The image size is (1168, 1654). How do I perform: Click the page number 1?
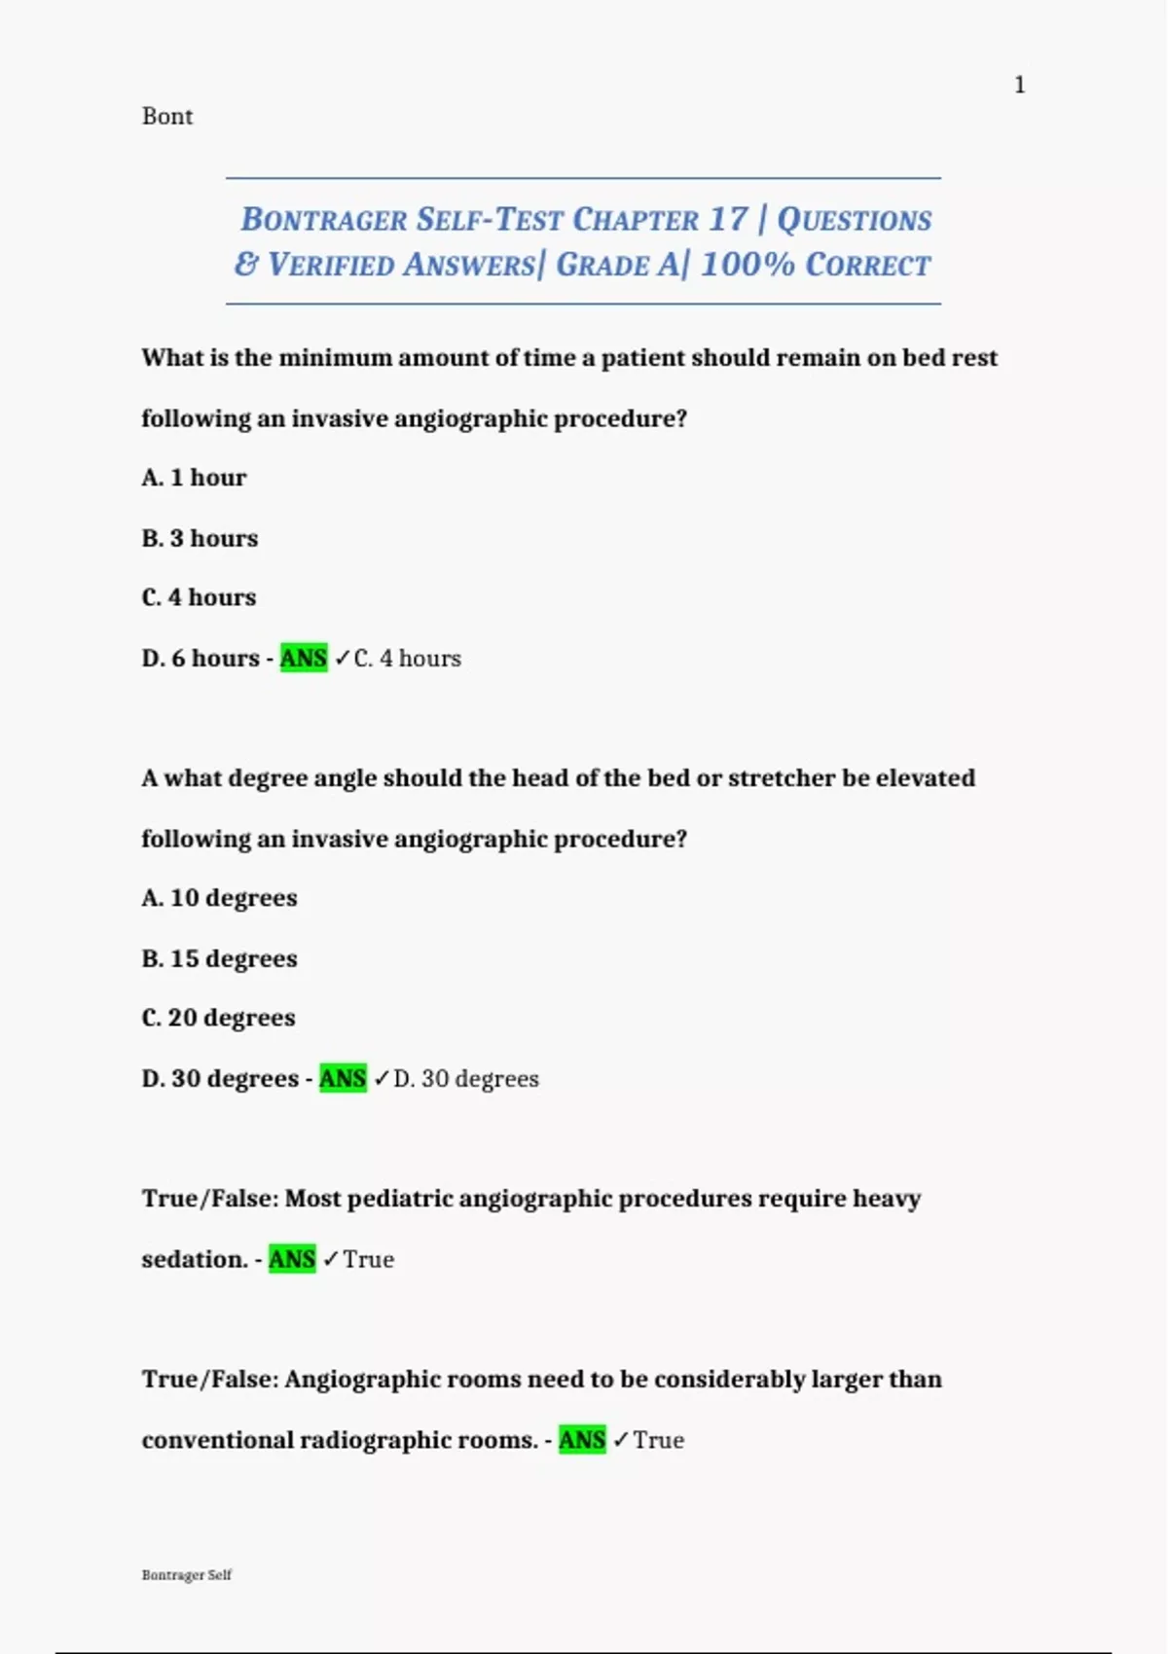click(x=1019, y=86)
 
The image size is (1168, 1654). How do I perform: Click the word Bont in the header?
click(x=167, y=117)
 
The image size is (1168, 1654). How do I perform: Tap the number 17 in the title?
click(x=728, y=219)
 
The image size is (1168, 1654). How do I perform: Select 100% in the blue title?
click(x=748, y=265)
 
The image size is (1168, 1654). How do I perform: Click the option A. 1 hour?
click(x=194, y=478)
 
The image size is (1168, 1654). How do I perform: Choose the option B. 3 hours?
click(x=200, y=538)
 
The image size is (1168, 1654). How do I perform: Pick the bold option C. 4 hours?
click(x=199, y=597)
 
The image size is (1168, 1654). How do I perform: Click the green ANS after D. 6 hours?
click(x=304, y=659)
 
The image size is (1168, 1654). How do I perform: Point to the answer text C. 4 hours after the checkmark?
click(x=407, y=659)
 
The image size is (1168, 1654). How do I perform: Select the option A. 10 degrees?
click(x=219, y=898)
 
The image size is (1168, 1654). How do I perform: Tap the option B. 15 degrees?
click(x=219, y=958)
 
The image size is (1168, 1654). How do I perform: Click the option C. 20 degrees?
click(x=218, y=1018)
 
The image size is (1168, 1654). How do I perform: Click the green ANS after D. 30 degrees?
click(x=343, y=1079)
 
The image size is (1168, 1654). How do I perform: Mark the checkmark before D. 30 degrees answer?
click(x=382, y=1079)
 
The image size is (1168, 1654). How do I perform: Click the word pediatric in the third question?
click(x=399, y=1199)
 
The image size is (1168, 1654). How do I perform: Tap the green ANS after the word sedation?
click(x=292, y=1260)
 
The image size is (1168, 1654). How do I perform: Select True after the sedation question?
click(x=368, y=1260)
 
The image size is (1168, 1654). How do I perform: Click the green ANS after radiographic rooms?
click(x=582, y=1441)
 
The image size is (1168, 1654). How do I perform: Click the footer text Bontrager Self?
click(x=187, y=1575)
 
